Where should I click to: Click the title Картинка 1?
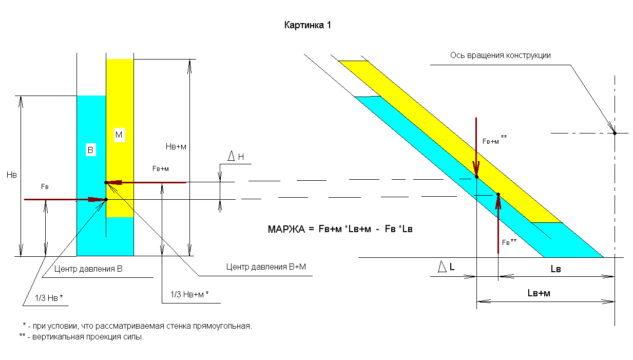tap(308, 25)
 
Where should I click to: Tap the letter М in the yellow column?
tap(119, 135)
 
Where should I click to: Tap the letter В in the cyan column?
tap(90, 150)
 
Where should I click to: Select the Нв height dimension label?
tap(12, 175)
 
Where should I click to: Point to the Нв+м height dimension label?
tap(176, 147)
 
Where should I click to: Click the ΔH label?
tap(236, 156)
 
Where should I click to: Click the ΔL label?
tap(446, 266)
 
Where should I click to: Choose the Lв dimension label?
tap(555, 269)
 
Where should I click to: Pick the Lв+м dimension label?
tap(539, 293)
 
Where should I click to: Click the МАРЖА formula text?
tap(340, 229)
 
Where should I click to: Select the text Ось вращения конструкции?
tap(500, 55)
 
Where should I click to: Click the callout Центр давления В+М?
tap(266, 267)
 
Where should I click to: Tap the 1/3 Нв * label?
tap(49, 298)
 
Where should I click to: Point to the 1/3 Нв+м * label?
tap(189, 294)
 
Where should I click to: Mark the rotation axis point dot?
tap(615, 133)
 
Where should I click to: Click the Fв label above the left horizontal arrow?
tap(45, 186)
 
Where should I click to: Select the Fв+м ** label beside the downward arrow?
tap(494, 140)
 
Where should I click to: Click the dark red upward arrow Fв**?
tap(498, 224)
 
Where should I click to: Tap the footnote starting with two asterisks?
tap(82, 337)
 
